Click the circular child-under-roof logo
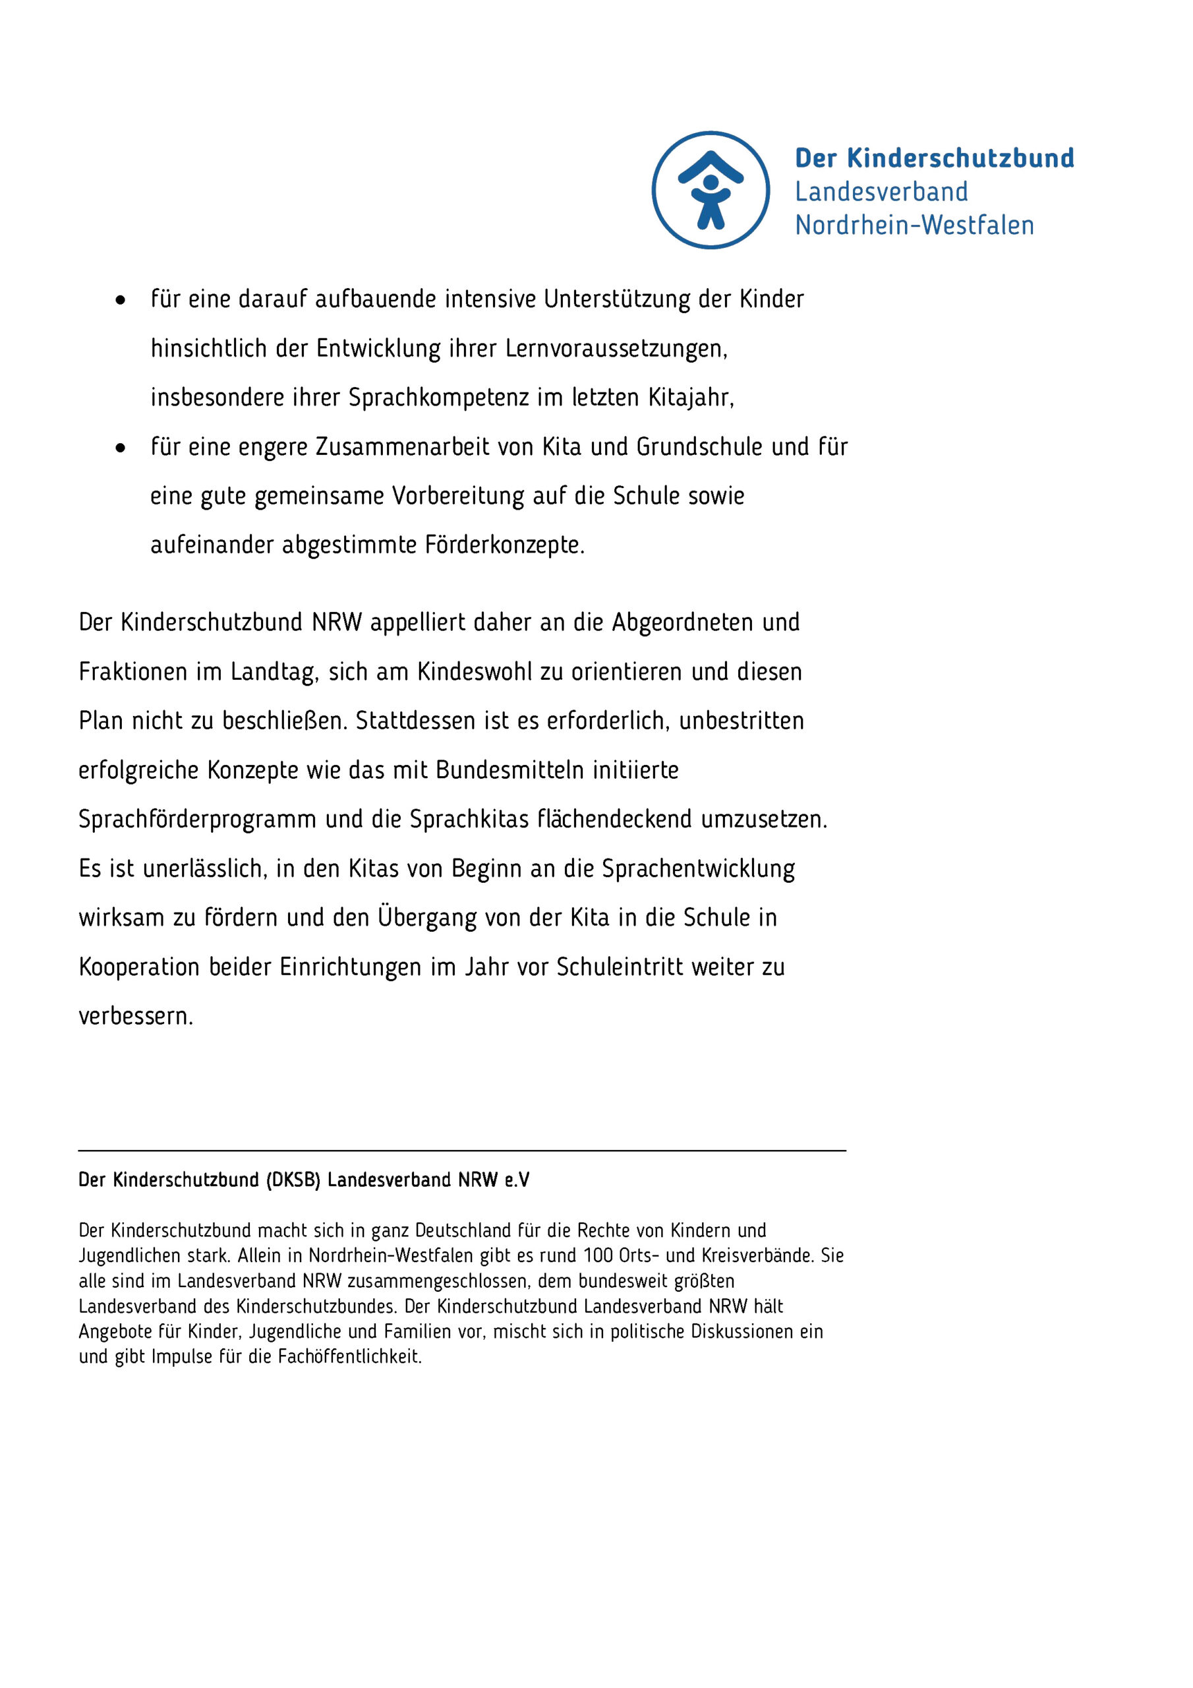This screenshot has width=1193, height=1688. (710, 190)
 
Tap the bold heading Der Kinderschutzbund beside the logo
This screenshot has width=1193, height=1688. (933, 158)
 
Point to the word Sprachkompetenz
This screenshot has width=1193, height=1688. (438, 398)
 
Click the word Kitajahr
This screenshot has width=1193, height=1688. (689, 398)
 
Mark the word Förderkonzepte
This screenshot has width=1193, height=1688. (504, 545)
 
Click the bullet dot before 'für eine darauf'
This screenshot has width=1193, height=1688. (121, 300)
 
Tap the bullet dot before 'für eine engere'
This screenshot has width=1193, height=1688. (121, 448)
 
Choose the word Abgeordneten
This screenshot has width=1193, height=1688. (683, 622)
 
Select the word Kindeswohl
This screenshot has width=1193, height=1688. (474, 672)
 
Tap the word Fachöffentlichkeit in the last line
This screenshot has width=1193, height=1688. (350, 1356)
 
